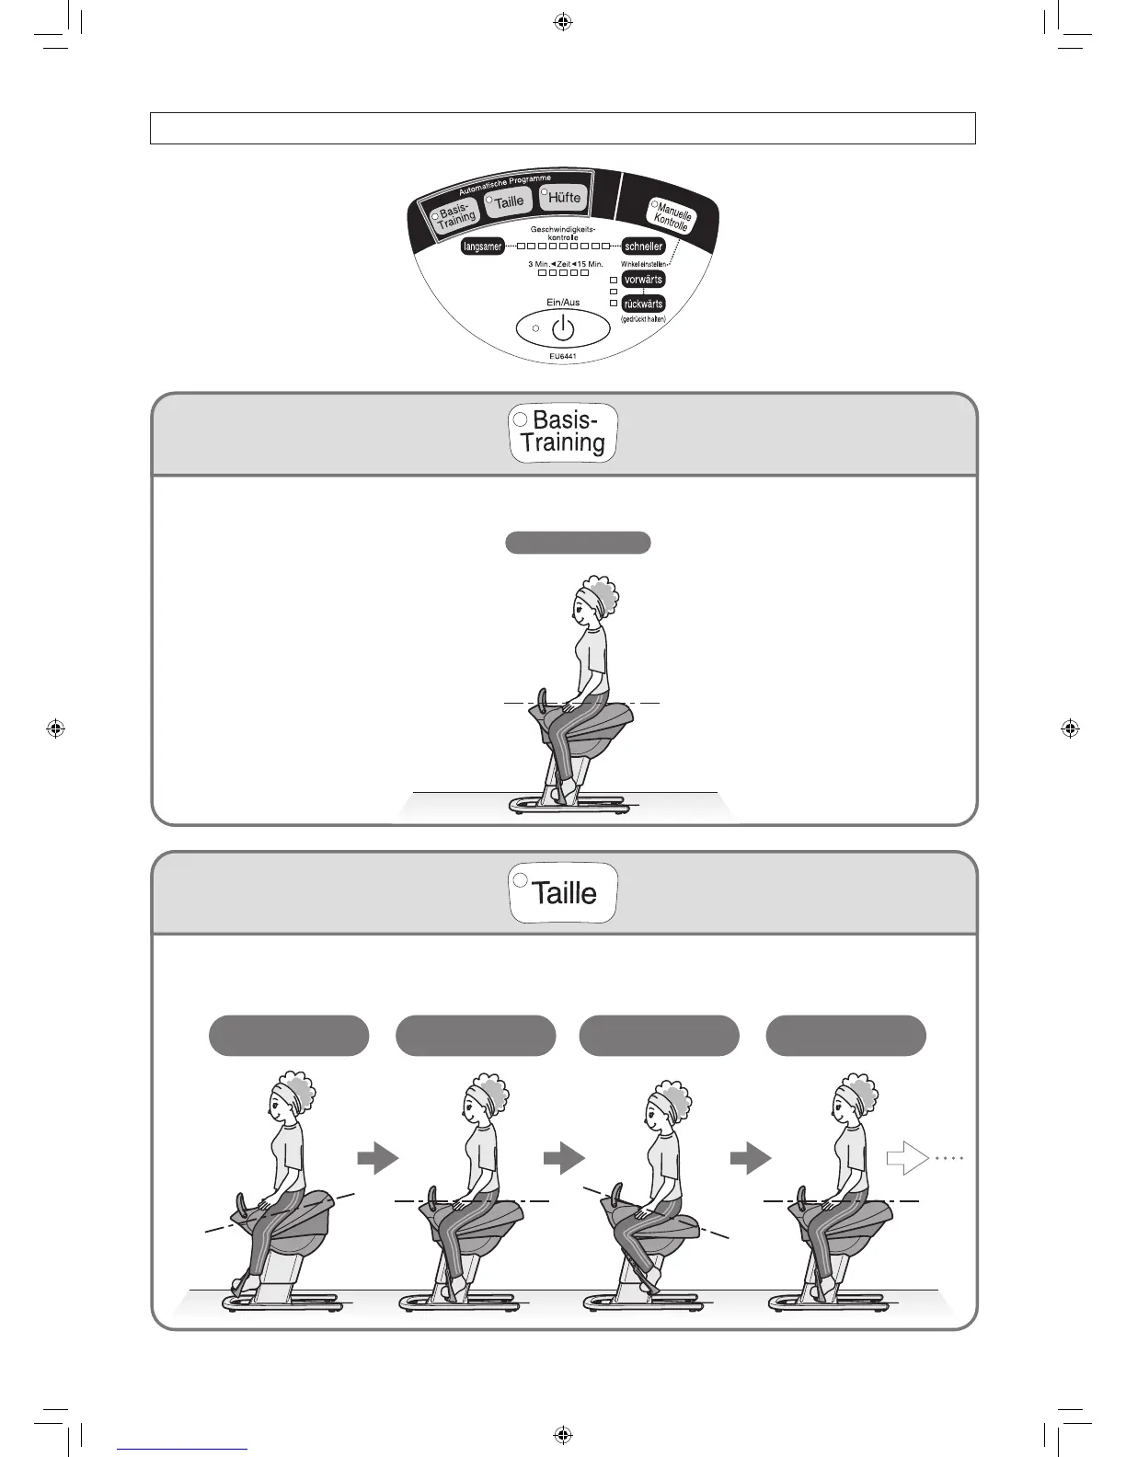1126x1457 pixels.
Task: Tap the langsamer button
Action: (x=482, y=247)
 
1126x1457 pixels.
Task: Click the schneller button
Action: (x=643, y=247)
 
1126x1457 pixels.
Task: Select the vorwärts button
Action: (x=642, y=280)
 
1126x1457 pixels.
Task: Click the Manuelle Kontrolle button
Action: (x=672, y=217)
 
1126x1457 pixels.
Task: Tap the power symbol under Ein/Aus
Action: (x=563, y=327)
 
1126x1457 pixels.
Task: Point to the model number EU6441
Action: (x=563, y=356)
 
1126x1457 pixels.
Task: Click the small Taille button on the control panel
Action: (x=508, y=201)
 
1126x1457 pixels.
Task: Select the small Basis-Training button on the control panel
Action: (x=455, y=216)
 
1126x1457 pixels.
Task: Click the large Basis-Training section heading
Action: (x=563, y=432)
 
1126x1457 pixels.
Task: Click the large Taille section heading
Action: (x=563, y=892)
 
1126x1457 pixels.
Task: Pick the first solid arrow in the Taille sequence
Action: (x=377, y=1158)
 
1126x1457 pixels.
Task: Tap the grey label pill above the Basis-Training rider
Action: (x=578, y=543)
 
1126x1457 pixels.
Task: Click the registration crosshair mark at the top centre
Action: (x=563, y=21)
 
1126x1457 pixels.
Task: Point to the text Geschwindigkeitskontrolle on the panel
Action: (x=563, y=233)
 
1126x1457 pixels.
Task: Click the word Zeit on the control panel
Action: (x=563, y=264)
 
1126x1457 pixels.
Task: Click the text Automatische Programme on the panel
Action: (x=505, y=184)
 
